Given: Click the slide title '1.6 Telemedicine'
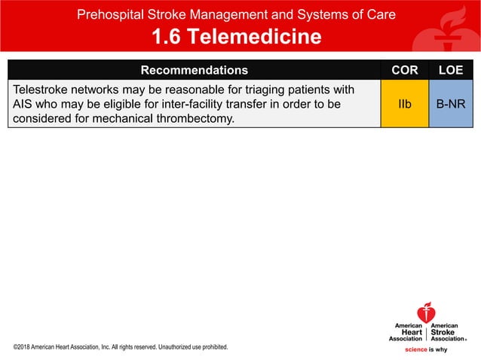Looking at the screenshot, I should click(x=236, y=36).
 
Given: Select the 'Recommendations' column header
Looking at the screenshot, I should click(x=194, y=70).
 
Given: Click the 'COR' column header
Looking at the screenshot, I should click(x=405, y=70).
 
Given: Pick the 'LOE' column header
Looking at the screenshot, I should click(x=451, y=70).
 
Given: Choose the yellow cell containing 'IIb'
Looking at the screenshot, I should click(x=405, y=103).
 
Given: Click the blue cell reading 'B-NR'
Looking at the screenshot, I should click(x=451, y=103).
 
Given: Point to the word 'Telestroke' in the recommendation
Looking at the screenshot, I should click(x=41, y=90).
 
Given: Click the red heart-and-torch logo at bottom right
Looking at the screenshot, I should click(x=426, y=312).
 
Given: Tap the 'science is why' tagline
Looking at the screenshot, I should click(x=426, y=349).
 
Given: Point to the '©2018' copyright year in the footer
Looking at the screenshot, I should click(x=23, y=347).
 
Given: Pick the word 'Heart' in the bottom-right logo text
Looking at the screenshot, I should click(x=411, y=332).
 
